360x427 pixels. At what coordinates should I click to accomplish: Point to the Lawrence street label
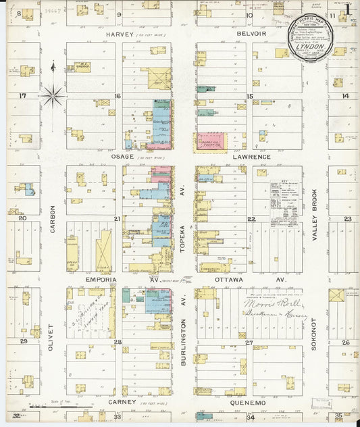(x=252, y=157)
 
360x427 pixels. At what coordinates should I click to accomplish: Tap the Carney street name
(x=122, y=402)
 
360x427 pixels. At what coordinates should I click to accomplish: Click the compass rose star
(x=53, y=95)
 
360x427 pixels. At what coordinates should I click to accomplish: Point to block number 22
(x=251, y=219)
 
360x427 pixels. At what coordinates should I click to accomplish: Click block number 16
(x=117, y=96)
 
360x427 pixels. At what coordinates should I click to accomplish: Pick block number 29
(x=24, y=342)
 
